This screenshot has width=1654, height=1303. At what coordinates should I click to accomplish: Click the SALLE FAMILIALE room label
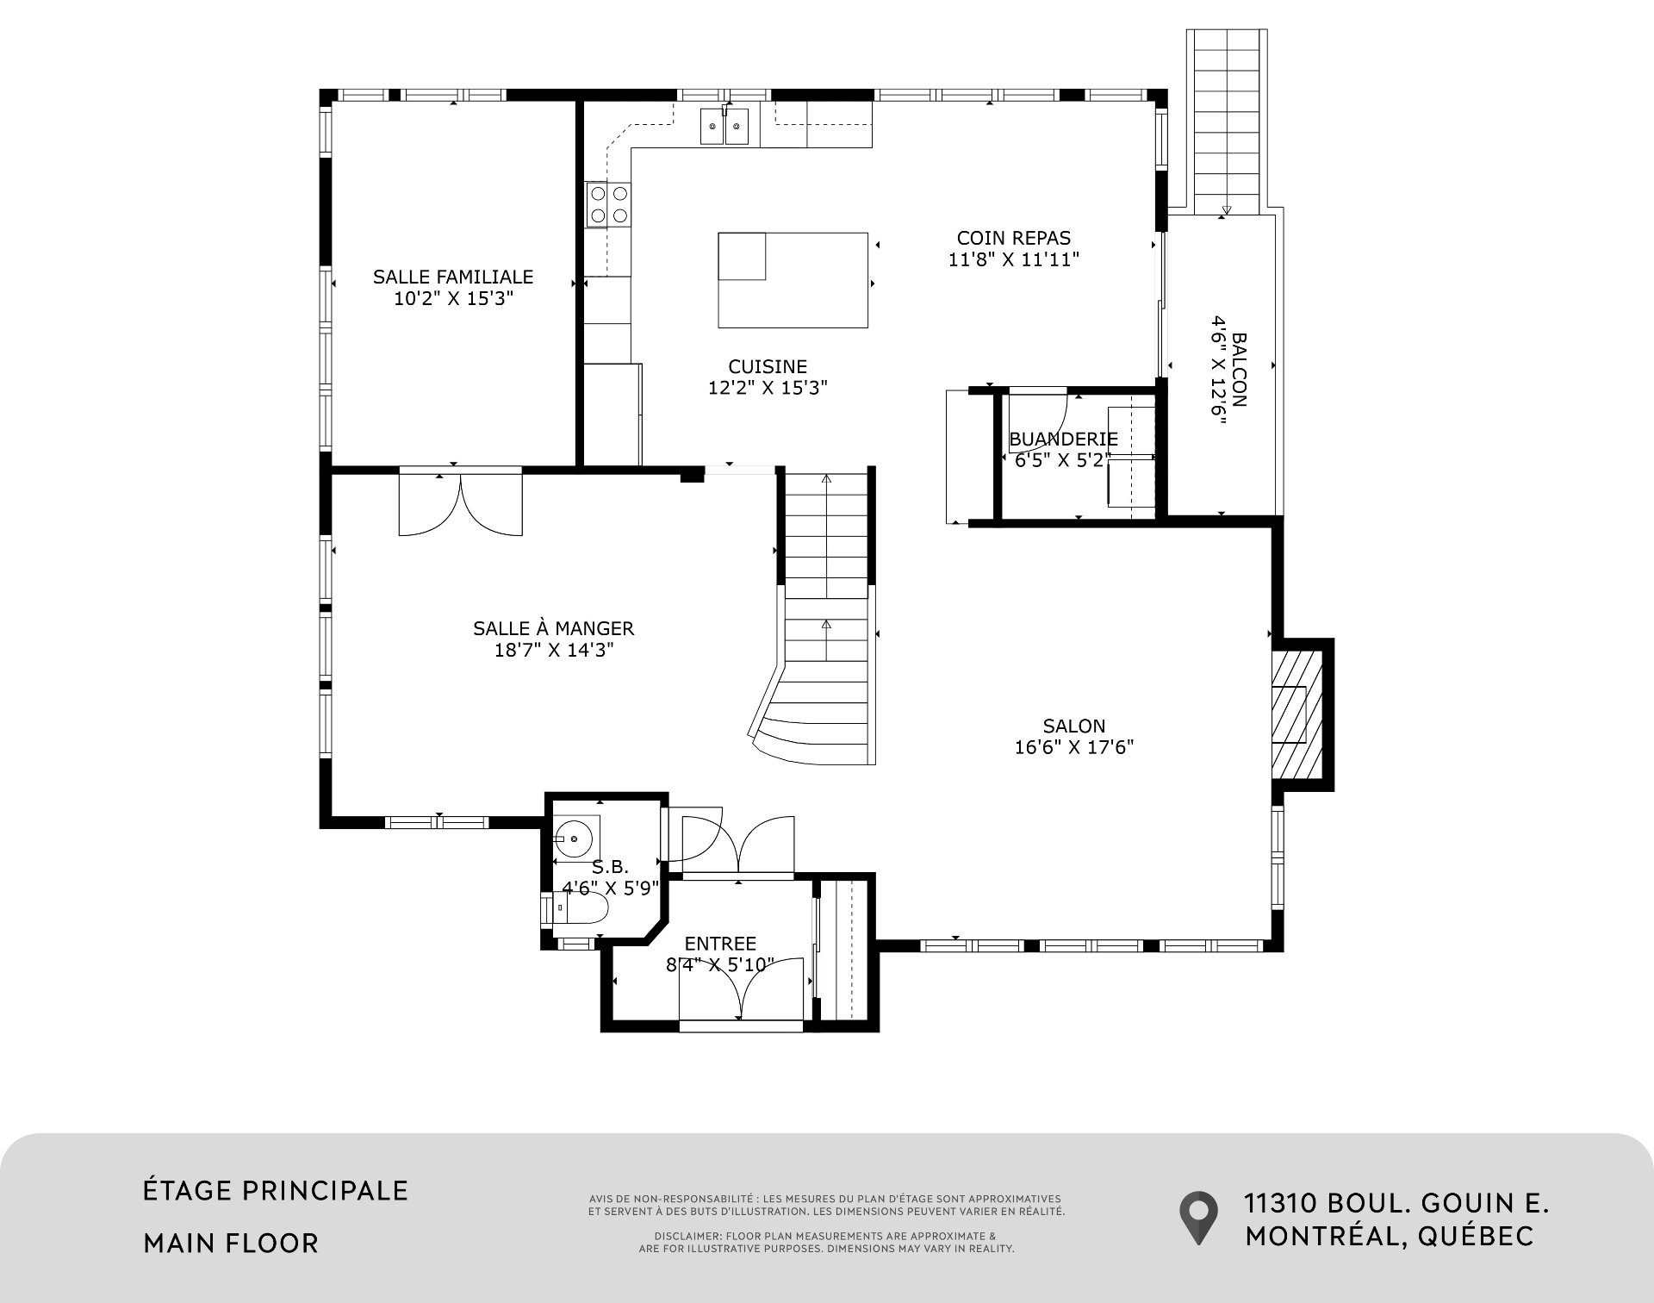click(453, 277)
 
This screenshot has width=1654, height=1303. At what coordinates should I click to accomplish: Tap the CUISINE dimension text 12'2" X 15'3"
click(768, 388)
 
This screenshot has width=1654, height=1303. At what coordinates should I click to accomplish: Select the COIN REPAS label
click(1014, 238)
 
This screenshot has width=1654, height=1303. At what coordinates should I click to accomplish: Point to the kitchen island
click(793, 280)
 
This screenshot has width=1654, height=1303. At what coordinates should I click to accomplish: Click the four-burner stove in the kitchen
click(608, 205)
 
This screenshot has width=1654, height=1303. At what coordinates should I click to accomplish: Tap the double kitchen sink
click(724, 127)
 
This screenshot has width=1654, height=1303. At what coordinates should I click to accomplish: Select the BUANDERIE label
click(1064, 439)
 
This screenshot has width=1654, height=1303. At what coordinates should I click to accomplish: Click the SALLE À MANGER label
click(554, 628)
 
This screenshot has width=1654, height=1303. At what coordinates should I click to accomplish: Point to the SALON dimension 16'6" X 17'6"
click(1074, 747)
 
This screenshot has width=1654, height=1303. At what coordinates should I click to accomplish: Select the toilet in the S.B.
click(575, 908)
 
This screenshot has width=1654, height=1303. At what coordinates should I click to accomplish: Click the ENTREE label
click(720, 944)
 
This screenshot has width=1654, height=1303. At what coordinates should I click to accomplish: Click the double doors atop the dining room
click(461, 503)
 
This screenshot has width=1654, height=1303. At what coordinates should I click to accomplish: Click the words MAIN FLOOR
click(231, 1243)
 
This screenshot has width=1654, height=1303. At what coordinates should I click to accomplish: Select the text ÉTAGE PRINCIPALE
click(276, 1190)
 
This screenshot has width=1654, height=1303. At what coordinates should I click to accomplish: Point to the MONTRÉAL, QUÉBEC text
click(1390, 1236)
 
